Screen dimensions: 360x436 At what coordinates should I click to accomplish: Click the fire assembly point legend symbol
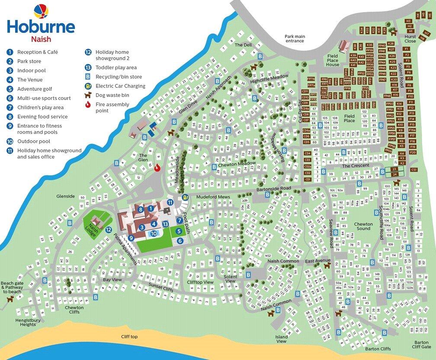point(88,104)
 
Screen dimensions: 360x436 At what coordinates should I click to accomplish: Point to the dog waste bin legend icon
point(88,95)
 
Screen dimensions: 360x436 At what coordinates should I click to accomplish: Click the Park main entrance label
point(294,39)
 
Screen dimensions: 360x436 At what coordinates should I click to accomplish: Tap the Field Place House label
point(333,60)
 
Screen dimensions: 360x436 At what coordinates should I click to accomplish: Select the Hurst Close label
point(410,39)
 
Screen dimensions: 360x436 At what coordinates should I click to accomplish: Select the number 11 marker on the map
point(170,202)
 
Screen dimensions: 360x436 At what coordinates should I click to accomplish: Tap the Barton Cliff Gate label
point(421,344)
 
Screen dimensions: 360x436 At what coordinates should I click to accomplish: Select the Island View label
point(281,339)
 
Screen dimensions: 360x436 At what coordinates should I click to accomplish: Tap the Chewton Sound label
point(363,226)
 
